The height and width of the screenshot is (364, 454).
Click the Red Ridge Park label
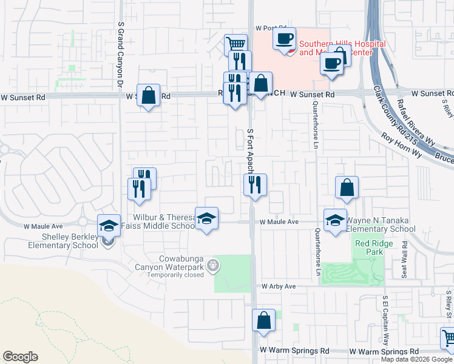374,248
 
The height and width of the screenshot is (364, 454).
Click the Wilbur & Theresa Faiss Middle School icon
206,218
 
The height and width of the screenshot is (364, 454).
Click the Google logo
20,357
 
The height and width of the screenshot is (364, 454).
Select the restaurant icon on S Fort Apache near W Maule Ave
255,184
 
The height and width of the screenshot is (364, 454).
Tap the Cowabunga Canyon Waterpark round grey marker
212,265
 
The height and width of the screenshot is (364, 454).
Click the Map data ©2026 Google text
416,359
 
